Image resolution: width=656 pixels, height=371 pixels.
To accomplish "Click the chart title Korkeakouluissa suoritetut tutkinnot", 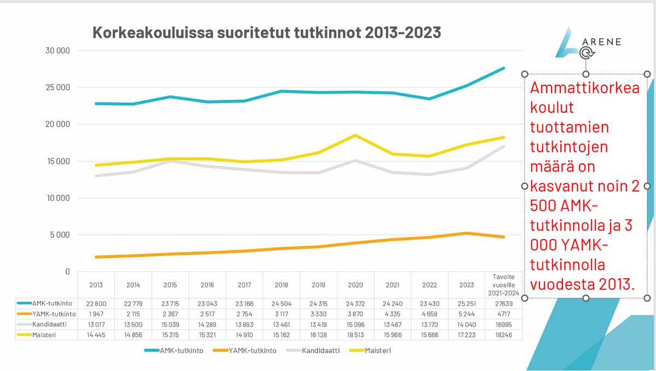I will point(267,33).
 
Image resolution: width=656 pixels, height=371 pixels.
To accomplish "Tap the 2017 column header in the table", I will point(244,285).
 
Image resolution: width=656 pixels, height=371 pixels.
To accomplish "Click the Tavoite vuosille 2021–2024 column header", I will point(503,284).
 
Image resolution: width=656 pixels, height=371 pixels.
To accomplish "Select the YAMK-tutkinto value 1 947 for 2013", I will point(96,314).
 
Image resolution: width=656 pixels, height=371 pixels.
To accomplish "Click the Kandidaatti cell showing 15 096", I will point(355,325).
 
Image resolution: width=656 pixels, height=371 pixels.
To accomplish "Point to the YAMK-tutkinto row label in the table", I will point(53,314).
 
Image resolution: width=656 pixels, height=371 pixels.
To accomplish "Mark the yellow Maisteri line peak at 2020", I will point(355,135).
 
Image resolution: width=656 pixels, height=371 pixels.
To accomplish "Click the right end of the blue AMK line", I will point(503,69).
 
